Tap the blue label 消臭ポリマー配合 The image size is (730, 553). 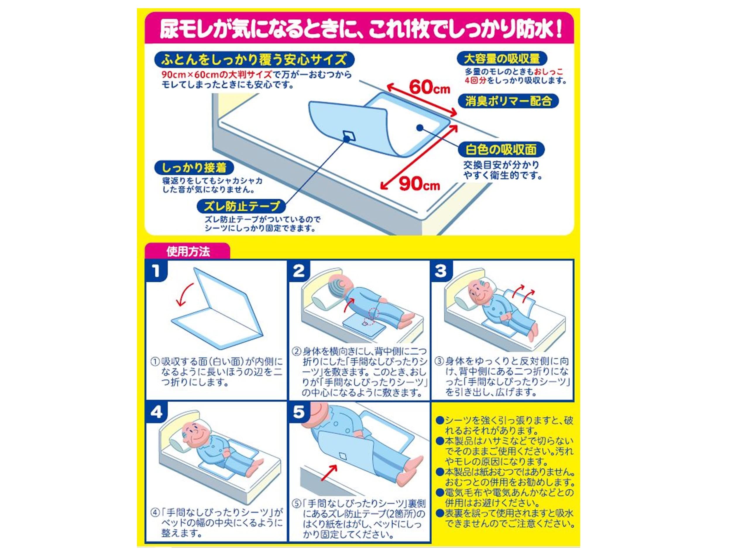pyautogui.click(x=508, y=101)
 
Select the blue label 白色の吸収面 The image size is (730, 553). pyautogui.click(x=501, y=150)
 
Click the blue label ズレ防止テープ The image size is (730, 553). pyautogui.click(x=242, y=207)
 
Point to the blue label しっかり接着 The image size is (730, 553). pyautogui.click(x=194, y=168)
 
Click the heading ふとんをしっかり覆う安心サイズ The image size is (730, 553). pyautogui.click(x=254, y=60)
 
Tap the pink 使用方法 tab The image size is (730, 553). pyautogui.click(x=188, y=251)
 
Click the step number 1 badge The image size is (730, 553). pyautogui.click(x=156, y=271)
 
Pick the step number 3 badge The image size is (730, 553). pyautogui.click(x=441, y=271)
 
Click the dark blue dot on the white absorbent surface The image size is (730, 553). pyautogui.click(x=420, y=127)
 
